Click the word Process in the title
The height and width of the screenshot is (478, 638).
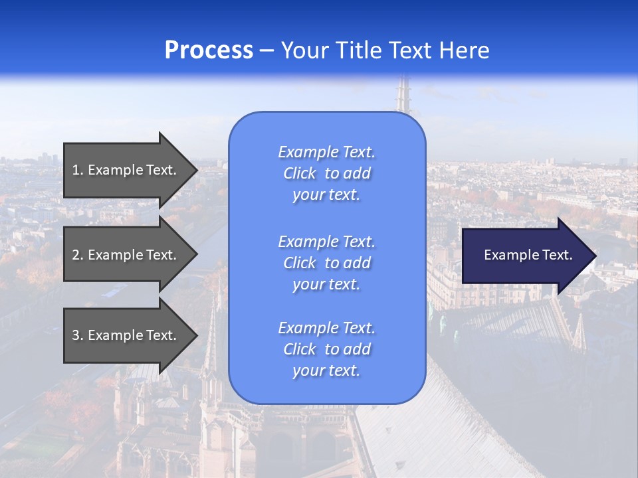pos(209,50)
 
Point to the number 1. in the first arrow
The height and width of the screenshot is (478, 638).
pos(78,170)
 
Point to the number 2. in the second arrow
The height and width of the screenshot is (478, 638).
pos(78,255)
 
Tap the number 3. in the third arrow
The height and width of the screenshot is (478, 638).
pos(78,335)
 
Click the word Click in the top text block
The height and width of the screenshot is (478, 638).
pos(300,173)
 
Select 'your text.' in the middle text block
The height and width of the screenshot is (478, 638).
pos(326,284)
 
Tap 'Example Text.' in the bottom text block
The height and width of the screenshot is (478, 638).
pos(326,327)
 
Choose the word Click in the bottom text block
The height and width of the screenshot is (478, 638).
pos(300,349)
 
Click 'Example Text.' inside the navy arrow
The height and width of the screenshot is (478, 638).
pos(528,255)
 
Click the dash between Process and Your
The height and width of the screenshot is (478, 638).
pos(267,51)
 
